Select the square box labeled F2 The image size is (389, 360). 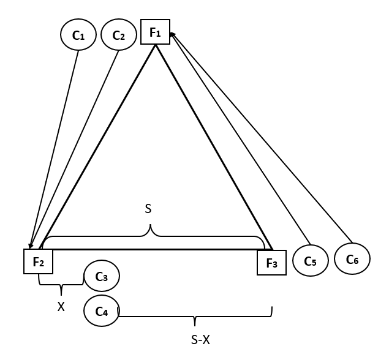[38, 261]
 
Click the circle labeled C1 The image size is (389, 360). [78, 36]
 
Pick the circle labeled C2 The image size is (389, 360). [118, 36]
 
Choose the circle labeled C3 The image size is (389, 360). [102, 277]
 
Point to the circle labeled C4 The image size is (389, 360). [102, 311]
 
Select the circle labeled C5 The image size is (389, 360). [311, 261]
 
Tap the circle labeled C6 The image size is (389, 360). [352, 259]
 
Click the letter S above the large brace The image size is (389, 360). [148, 209]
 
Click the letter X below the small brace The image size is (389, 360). [61, 307]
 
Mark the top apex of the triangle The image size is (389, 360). [156, 47]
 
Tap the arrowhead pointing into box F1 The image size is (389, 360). [172, 35]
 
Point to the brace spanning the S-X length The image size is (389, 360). [195, 317]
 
